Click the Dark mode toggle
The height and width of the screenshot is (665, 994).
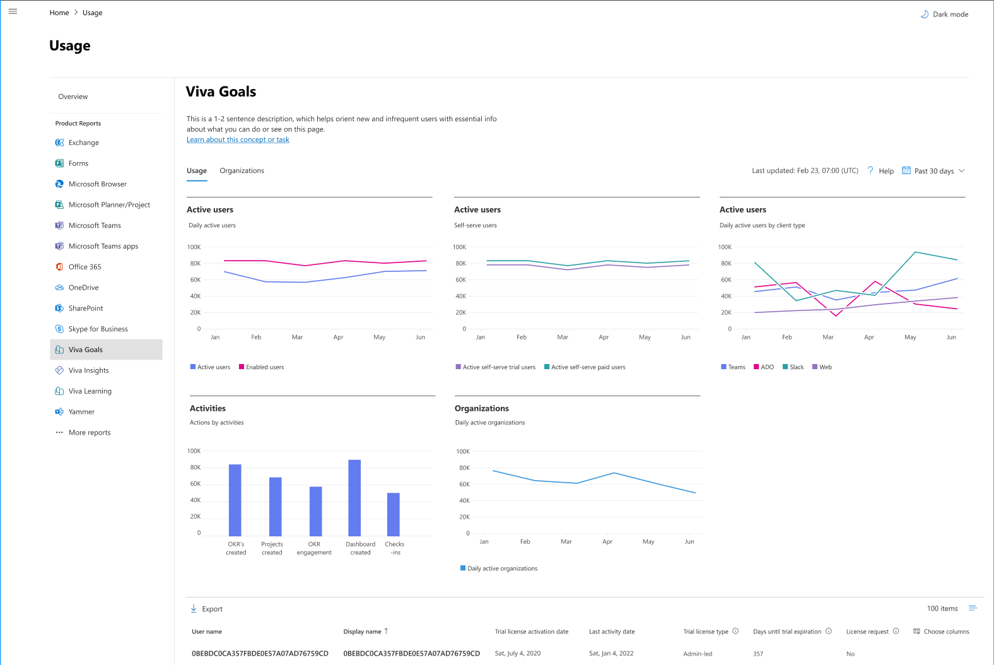tap(944, 14)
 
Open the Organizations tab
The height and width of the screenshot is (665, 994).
tap(242, 171)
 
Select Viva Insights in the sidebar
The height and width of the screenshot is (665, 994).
tap(88, 370)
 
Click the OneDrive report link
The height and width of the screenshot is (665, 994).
tap(83, 288)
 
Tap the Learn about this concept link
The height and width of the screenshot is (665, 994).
tap(238, 140)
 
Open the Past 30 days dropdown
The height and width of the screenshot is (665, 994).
tap(933, 171)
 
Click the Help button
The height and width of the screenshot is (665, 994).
tap(880, 171)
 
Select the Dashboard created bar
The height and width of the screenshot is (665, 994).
tap(354, 498)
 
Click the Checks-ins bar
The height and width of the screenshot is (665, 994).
tap(394, 514)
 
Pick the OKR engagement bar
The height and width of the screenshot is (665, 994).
tap(315, 511)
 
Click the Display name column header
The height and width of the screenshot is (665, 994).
tap(363, 632)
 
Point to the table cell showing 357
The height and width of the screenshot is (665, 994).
tap(758, 654)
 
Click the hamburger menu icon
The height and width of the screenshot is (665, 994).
tap(13, 11)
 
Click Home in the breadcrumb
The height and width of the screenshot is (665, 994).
tap(59, 13)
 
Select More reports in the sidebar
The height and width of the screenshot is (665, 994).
tap(89, 433)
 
